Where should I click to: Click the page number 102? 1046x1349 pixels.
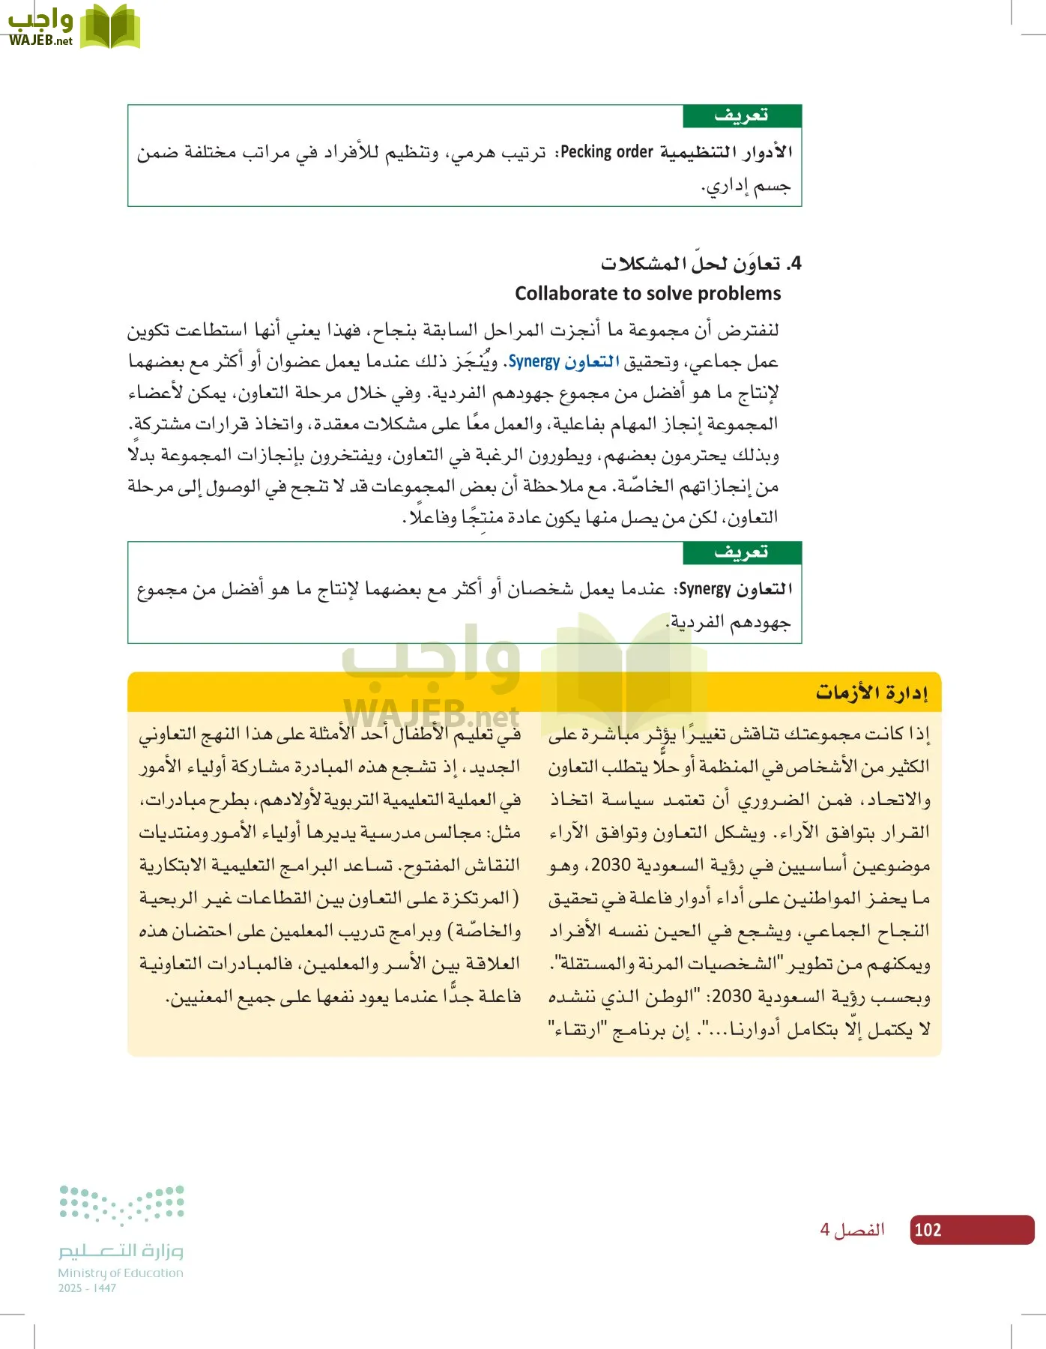point(928,1230)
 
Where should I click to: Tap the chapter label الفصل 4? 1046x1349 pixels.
point(853,1230)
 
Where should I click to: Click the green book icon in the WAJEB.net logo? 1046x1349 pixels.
point(110,27)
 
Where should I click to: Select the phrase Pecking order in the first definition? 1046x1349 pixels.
point(607,152)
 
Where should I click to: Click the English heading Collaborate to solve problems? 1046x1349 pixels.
point(647,293)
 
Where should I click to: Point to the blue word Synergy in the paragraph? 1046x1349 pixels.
point(534,362)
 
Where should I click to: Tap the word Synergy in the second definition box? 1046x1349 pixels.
point(704,589)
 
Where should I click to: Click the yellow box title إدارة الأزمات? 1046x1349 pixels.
point(872,692)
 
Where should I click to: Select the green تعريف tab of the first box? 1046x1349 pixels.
point(742,116)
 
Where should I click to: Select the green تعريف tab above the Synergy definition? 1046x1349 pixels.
point(742,553)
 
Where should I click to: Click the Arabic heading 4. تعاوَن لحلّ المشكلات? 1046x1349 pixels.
point(701,264)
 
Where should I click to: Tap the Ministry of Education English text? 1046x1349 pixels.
point(121,1273)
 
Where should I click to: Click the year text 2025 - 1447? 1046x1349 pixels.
point(87,1288)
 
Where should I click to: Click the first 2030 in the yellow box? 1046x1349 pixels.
point(611,865)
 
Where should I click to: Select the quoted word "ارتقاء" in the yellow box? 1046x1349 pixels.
point(570,1030)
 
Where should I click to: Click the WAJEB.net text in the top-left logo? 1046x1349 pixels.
point(40,41)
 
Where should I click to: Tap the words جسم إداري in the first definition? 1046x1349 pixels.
point(746,185)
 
